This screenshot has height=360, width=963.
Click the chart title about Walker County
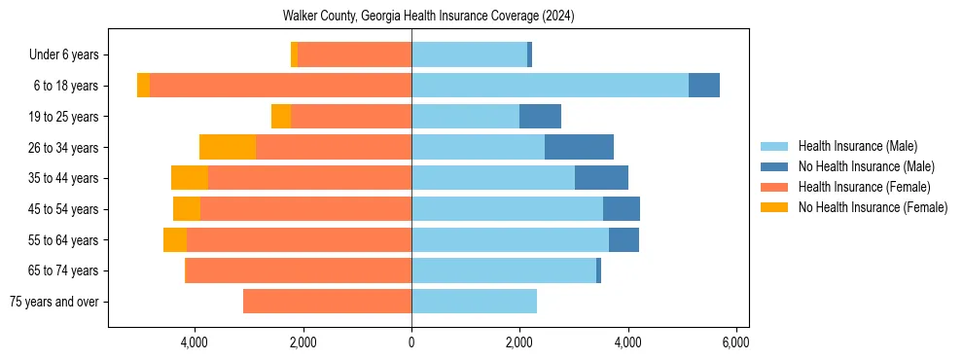click(x=428, y=17)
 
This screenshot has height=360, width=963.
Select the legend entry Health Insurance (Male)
click(x=857, y=146)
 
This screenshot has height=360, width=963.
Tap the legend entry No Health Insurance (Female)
click(x=873, y=207)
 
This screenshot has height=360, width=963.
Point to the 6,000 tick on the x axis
click(x=735, y=342)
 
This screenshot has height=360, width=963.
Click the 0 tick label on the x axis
click(x=411, y=342)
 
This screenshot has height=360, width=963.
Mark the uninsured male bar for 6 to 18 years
click(x=704, y=86)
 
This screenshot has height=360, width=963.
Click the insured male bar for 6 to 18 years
click(x=550, y=86)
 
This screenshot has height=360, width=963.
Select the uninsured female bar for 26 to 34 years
click(x=228, y=147)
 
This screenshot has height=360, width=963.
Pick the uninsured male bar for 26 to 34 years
click(x=579, y=147)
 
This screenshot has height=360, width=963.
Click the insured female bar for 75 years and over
click(x=327, y=302)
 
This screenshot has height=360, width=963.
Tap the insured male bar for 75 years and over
click(x=474, y=302)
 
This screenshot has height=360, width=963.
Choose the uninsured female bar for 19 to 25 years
click(x=281, y=117)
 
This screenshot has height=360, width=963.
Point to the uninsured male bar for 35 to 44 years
click(x=601, y=178)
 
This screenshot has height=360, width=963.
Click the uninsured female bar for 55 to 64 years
click(x=175, y=240)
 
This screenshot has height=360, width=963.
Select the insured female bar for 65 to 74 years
click(x=299, y=270)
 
